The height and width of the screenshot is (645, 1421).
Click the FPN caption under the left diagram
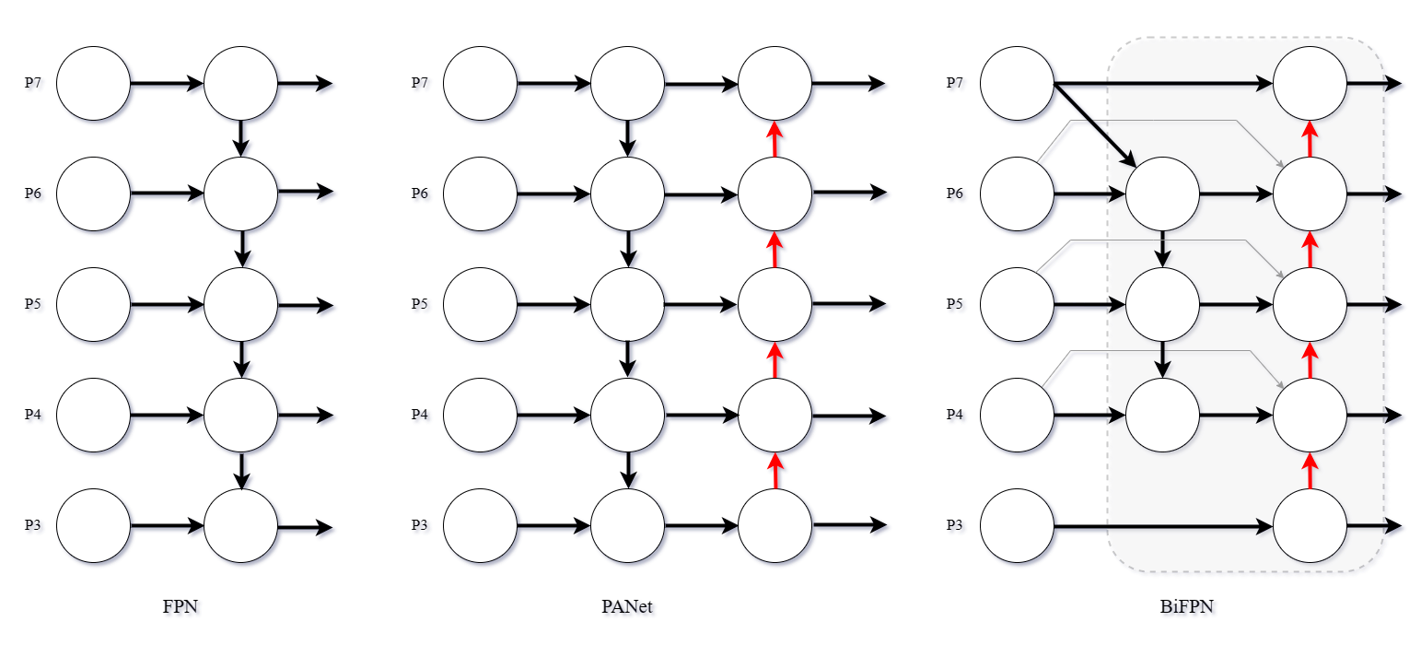[x=182, y=608]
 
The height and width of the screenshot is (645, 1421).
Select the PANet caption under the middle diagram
[x=630, y=608]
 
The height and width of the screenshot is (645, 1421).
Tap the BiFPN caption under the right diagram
[x=1189, y=608]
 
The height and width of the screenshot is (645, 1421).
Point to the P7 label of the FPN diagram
[x=36, y=85]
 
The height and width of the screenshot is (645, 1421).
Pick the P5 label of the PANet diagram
[x=423, y=306]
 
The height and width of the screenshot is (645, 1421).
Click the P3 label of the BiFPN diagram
[x=957, y=527]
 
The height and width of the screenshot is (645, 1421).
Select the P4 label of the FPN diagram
[x=36, y=416]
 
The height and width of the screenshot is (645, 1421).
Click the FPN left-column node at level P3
[x=93, y=525]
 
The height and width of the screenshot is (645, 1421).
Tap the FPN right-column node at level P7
[x=240, y=83]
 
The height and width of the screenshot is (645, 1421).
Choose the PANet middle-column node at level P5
[x=627, y=304]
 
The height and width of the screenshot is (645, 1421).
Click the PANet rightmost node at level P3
[x=775, y=525]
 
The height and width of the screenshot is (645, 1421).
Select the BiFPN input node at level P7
[x=1017, y=83]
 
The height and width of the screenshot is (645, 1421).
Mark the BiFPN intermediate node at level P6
[x=1162, y=193]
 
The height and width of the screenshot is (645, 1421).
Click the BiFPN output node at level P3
[x=1310, y=525]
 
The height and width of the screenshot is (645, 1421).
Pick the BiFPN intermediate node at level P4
[x=1162, y=415]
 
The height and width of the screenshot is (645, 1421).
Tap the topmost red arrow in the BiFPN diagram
[x=1310, y=138]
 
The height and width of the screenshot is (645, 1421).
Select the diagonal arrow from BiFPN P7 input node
[x=1096, y=124]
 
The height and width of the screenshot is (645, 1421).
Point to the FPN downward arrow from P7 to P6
[x=241, y=138]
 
